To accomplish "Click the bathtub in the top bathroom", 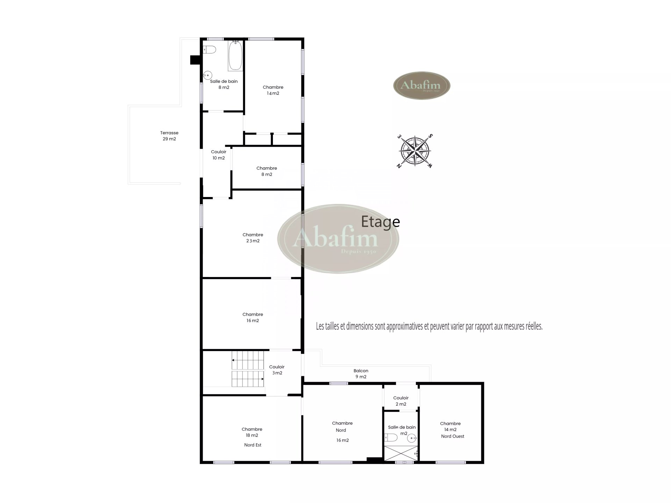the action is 235,56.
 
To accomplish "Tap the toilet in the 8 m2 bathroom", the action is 209,50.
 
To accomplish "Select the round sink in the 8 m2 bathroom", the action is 208,75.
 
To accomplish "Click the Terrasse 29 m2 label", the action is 169,136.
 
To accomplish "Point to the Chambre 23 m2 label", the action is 253,238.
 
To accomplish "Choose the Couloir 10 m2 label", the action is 219,155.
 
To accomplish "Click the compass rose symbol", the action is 415,151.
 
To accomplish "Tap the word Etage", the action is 380,222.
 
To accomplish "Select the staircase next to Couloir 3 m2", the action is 248,369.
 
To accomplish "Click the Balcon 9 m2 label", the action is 361,374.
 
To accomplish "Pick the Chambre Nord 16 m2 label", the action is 342,432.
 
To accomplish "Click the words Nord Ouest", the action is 453,436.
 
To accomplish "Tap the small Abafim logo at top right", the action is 422,86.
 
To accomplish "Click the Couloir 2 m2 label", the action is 401,401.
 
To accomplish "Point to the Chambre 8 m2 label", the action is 267,171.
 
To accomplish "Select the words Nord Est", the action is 253,445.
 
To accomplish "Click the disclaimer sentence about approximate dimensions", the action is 429,327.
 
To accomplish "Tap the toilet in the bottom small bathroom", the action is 391,438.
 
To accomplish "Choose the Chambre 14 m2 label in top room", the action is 273,90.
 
